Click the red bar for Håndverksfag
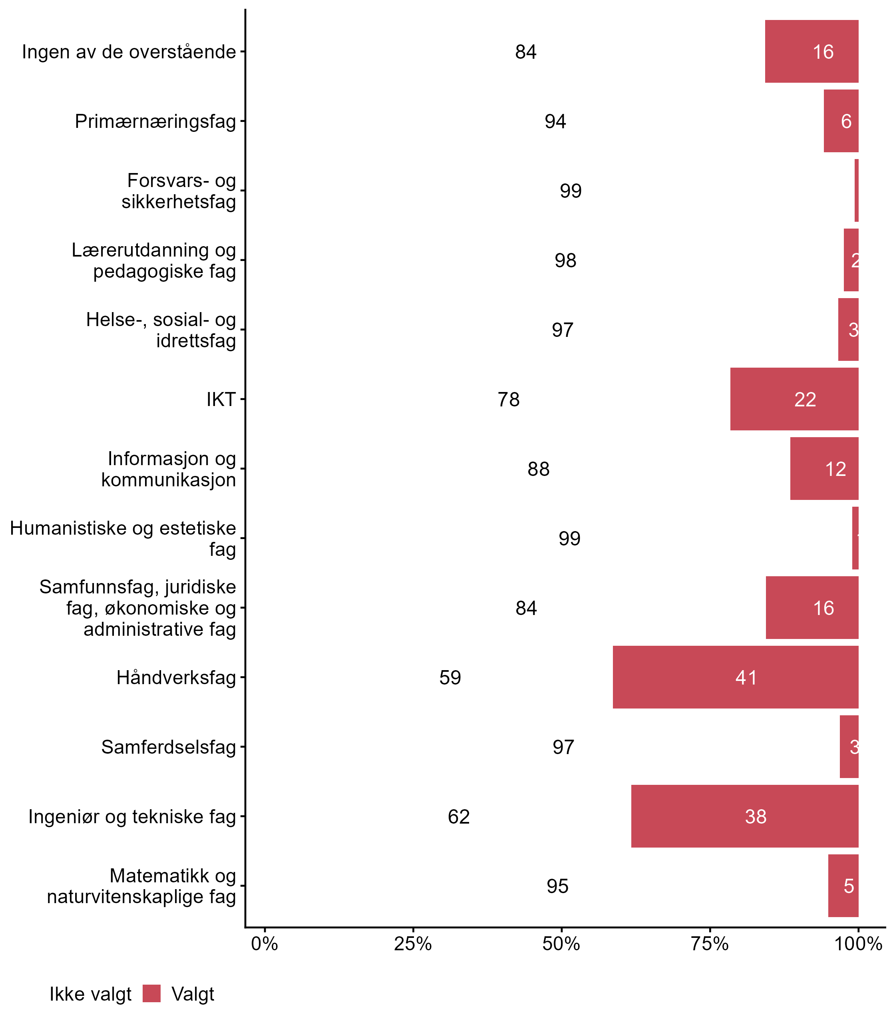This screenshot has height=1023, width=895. click(735, 677)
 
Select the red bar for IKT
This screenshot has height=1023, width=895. click(794, 399)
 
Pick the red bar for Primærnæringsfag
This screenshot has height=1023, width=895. click(841, 121)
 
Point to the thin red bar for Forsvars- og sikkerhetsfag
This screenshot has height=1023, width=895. click(857, 190)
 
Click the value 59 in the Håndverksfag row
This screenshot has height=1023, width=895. click(450, 677)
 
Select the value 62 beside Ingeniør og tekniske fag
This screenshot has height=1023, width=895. click(459, 817)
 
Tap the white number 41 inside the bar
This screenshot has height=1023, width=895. click(746, 677)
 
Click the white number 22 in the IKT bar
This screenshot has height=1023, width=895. click(805, 400)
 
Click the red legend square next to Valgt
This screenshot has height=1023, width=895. click(151, 993)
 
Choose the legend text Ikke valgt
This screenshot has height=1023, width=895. click(90, 994)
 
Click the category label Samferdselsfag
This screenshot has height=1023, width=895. click(168, 747)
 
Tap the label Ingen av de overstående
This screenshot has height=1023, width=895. click(129, 52)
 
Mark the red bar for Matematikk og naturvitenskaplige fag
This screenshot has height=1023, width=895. click(843, 886)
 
